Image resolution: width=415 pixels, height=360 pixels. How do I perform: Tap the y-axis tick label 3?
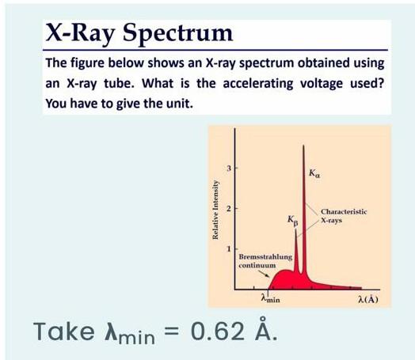coord(228,168)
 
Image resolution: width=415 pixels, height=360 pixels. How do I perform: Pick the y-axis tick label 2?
coord(228,209)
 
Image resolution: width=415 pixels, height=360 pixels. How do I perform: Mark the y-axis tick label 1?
coord(228,250)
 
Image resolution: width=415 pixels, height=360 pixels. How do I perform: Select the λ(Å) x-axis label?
coord(367,301)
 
